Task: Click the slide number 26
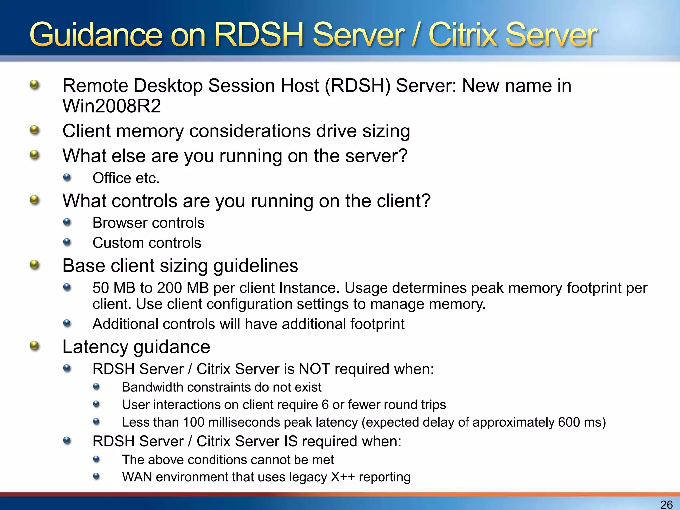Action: pyautogui.click(x=666, y=504)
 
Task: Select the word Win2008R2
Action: pyautogui.click(x=112, y=106)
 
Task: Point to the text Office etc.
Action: pyautogui.click(x=126, y=178)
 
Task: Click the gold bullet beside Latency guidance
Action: pyautogui.click(x=34, y=346)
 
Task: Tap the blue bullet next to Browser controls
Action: pyautogui.click(x=67, y=222)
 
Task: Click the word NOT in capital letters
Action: pyautogui.click(x=314, y=369)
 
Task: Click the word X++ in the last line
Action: pyautogui.click(x=343, y=477)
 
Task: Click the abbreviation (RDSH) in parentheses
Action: pyautogui.click(x=358, y=86)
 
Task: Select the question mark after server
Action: pyautogui.click(x=403, y=156)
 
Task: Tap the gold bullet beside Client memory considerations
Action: pyautogui.click(x=34, y=130)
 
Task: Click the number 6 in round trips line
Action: pyautogui.click(x=325, y=405)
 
